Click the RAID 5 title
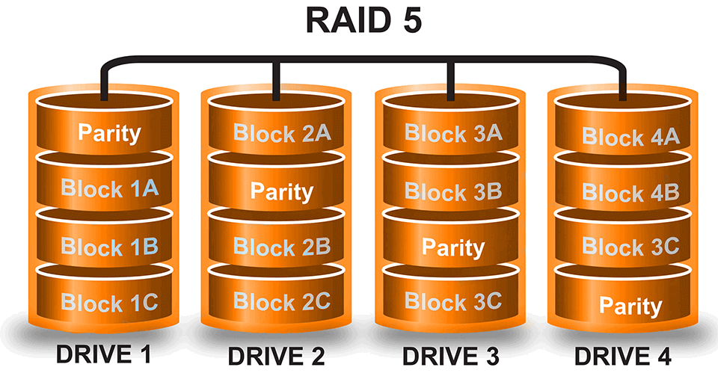(x=363, y=20)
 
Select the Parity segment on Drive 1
(x=109, y=133)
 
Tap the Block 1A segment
(x=109, y=188)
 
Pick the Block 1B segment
(x=109, y=246)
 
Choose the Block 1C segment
(x=109, y=303)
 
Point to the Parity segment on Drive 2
(x=281, y=191)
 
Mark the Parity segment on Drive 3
(x=453, y=247)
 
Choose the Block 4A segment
(x=630, y=138)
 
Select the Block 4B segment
(x=630, y=193)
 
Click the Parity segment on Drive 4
(x=630, y=306)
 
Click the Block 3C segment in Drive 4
(x=630, y=247)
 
